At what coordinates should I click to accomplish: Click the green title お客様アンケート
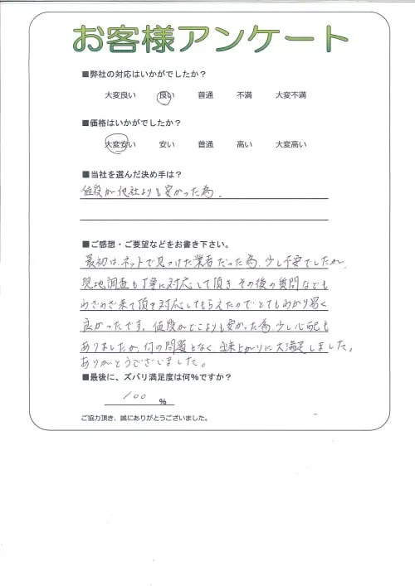pos(209,38)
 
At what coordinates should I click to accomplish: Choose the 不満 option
pos(244,95)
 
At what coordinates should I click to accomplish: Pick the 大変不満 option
pos(290,95)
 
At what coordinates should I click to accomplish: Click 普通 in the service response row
pos(205,95)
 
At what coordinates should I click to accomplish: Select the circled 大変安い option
pos(120,144)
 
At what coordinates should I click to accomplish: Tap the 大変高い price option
pos(290,144)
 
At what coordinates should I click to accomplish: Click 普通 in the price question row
pos(205,144)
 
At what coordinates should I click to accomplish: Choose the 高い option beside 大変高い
pos(244,144)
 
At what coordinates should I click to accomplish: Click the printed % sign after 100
pos(163,402)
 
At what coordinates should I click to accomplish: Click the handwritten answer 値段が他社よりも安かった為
pos(154,194)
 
